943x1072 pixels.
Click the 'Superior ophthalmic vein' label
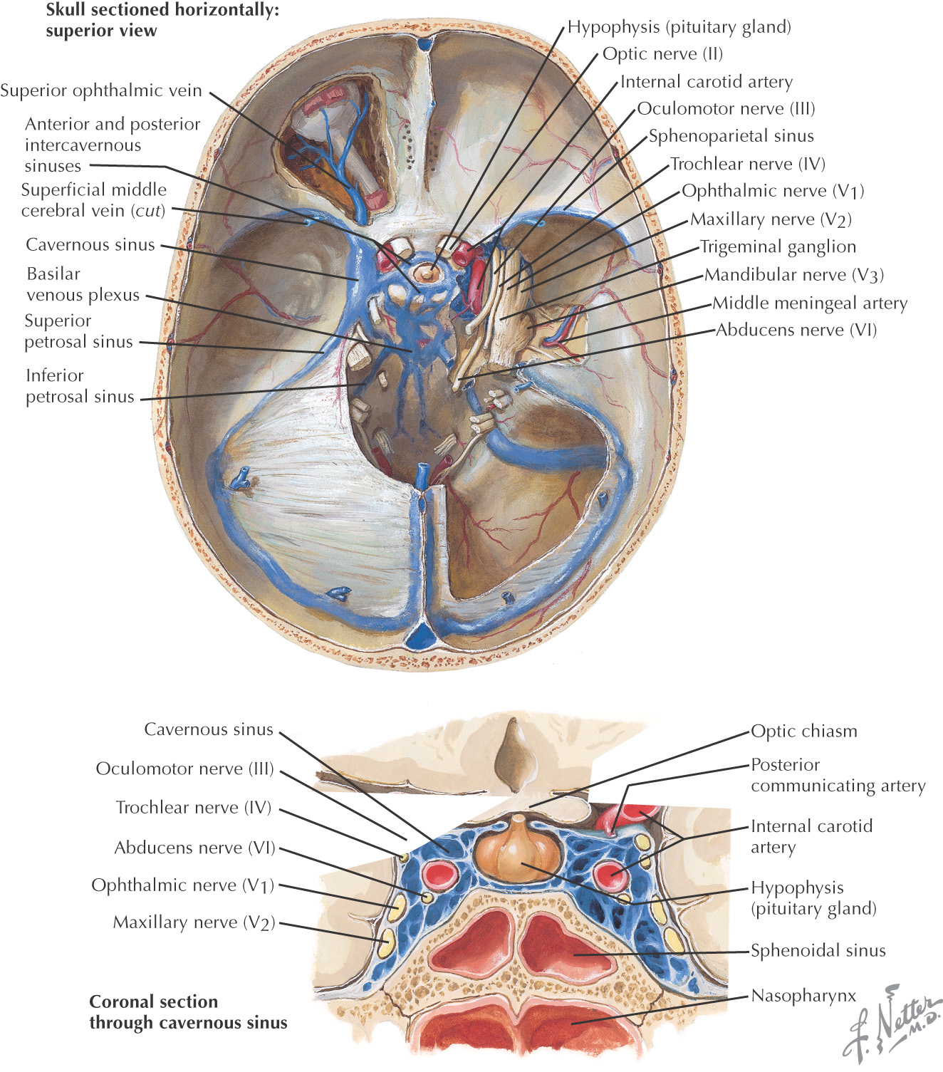pos(101,91)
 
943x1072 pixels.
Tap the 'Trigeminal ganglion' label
pos(778,247)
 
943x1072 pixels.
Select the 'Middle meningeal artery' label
pos(810,303)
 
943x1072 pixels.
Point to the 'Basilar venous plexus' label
pos(83,284)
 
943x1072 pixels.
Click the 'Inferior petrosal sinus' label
pos(80,386)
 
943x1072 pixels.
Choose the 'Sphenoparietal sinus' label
pos(731,136)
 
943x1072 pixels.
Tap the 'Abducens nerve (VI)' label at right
pos(796,331)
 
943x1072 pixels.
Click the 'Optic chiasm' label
pos(804,732)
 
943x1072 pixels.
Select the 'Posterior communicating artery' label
pos(838,775)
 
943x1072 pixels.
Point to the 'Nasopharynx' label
pos(803,996)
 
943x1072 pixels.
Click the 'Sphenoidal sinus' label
pos(818,950)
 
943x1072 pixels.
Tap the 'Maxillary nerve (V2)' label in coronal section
pos(194,923)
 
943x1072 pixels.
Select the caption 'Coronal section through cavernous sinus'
pos(188,1012)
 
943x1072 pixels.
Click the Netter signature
pos(893,1022)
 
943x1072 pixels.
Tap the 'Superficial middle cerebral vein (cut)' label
pos(93,200)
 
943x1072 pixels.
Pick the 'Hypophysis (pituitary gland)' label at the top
pos(679,28)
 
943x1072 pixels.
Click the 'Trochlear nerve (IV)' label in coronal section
pos(194,808)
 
